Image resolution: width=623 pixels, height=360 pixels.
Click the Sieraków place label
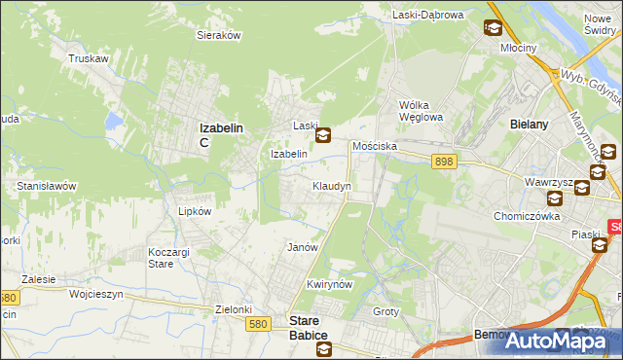coord(219,34)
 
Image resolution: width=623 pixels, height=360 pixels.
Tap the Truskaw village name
coord(87,58)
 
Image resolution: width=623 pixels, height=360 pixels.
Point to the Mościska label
coord(376,145)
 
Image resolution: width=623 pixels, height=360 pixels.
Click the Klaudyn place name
coord(331,185)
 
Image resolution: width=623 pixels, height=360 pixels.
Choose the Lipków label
coord(182,210)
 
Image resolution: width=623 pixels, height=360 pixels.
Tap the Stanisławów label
coord(47,185)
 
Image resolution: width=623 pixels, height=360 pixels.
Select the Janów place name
coord(303,247)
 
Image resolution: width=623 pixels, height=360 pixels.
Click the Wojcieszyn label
coord(94,292)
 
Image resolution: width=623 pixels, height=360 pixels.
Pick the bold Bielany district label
coord(531,125)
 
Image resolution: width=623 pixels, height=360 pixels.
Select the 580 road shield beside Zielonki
coord(257,324)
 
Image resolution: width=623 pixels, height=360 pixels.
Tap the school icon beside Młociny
coord(493,28)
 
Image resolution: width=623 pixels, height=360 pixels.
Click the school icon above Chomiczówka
coord(554,198)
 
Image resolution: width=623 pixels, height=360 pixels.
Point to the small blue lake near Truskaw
coord(115,121)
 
